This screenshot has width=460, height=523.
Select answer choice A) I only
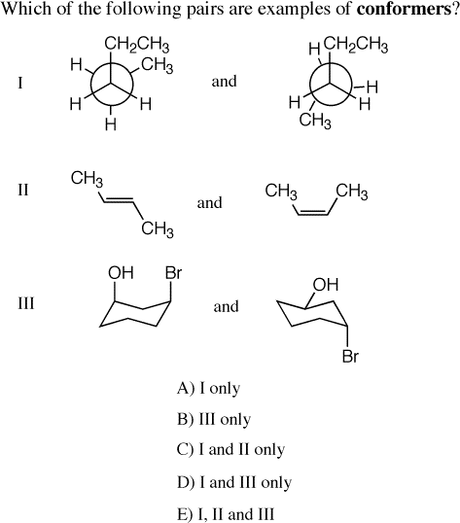(x=208, y=388)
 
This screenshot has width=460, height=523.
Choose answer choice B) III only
(x=214, y=419)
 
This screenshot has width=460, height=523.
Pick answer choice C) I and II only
(x=230, y=450)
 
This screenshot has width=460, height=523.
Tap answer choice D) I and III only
(x=234, y=482)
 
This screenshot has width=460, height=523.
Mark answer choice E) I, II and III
(x=226, y=514)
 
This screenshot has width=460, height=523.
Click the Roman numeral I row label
(x=20, y=83)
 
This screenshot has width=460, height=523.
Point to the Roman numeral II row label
(x=23, y=191)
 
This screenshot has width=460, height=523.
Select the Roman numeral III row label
(x=26, y=303)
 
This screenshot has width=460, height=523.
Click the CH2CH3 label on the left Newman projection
(x=137, y=46)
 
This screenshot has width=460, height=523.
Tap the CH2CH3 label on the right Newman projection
(x=356, y=46)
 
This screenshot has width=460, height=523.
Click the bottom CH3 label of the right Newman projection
(x=315, y=121)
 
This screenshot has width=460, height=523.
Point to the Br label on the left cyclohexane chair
(x=173, y=273)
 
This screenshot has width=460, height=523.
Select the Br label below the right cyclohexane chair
(x=350, y=356)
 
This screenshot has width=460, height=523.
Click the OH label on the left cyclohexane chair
(x=121, y=273)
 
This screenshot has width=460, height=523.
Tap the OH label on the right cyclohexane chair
(x=326, y=285)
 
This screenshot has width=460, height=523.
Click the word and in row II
(x=209, y=203)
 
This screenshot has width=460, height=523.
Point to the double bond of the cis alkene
(x=312, y=213)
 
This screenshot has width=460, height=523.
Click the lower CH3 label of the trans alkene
(x=158, y=229)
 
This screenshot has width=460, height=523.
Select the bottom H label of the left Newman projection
(x=111, y=124)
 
